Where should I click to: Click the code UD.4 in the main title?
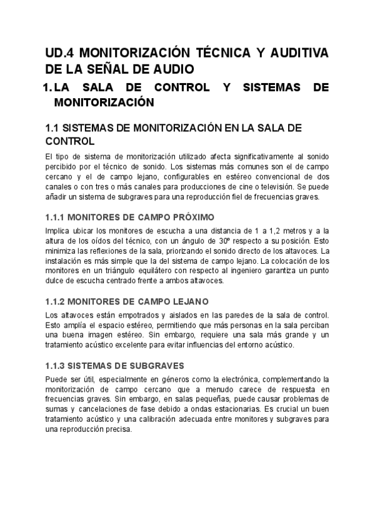click(61, 52)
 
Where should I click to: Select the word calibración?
click(156, 419)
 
